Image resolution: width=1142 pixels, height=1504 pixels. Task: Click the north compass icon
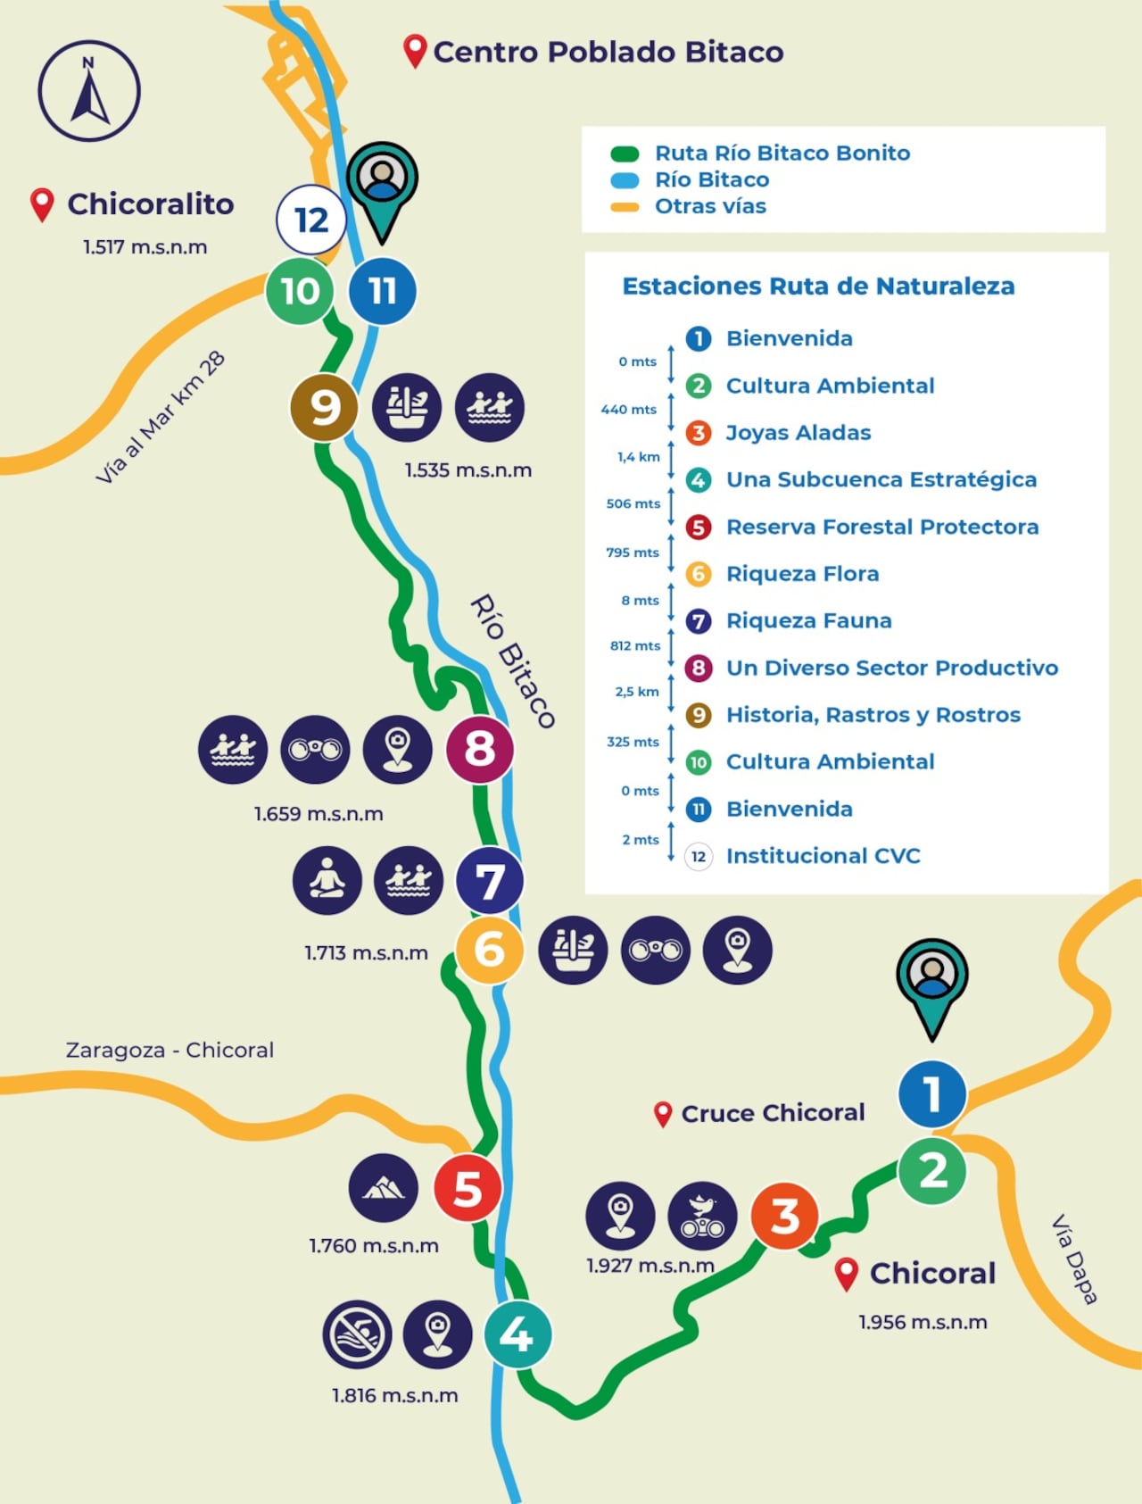(x=89, y=91)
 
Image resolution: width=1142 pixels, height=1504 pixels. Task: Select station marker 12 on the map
(x=310, y=220)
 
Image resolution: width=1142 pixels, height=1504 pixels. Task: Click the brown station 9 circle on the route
(x=324, y=408)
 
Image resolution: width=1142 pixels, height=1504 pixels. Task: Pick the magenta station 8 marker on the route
(x=480, y=749)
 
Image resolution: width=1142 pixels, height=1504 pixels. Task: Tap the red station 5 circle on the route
(x=468, y=1188)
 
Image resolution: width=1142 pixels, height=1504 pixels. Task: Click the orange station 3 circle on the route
(x=784, y=1216)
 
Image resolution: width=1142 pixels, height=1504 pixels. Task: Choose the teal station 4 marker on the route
(x=517, y=1334)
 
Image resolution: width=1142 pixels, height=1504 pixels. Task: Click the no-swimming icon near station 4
(x=357, y=1334)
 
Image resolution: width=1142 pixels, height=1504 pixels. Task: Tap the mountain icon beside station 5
(x=384, y=1188)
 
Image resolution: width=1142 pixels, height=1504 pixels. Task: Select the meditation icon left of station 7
(x=327, y=880)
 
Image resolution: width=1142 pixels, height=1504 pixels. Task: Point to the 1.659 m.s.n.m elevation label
(x=319, y=814)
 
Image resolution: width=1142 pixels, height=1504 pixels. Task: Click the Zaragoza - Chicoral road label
(x=170, y=1050)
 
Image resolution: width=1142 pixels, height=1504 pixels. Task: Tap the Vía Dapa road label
(x=1074, y=1259)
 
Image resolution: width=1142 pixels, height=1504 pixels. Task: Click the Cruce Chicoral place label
(x=772, y=1113)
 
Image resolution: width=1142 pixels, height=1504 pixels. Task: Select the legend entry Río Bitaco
(x=711, y=179)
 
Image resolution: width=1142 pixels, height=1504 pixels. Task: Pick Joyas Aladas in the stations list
(x=798, y=433)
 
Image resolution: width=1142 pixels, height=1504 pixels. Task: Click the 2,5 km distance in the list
(x=637, y=692)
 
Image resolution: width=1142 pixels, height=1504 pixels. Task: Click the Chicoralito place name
(x=150, y=204)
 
